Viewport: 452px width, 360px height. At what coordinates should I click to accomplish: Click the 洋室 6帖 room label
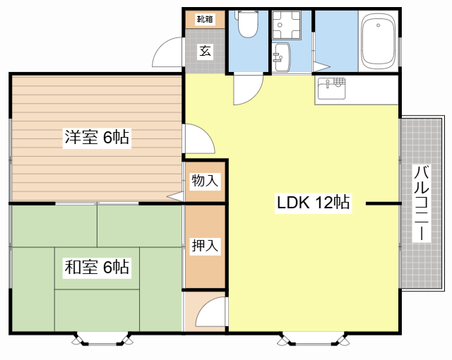click(97, 138)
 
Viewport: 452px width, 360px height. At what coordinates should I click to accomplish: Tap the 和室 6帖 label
click(97, 267)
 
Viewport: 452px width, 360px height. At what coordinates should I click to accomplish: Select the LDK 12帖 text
click(313, 203)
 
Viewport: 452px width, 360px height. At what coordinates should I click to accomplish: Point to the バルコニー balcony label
click(422, 203)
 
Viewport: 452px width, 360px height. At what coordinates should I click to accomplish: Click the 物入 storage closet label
click(205, 181)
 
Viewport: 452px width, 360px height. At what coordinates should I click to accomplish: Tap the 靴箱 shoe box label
click(205, 19)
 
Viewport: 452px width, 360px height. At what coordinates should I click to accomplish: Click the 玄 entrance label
click(205, 52)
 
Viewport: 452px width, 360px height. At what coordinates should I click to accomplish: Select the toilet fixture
click(248, 25)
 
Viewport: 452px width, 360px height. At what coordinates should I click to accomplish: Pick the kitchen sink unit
click(332, 90)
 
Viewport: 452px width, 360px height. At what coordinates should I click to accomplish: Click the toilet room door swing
click(246, 90)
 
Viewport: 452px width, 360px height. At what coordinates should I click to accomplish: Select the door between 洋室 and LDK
click(198, 139)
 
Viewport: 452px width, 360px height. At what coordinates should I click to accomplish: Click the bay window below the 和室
click(103, 340)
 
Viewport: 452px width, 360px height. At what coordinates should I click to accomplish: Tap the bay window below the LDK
click(314, 340)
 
